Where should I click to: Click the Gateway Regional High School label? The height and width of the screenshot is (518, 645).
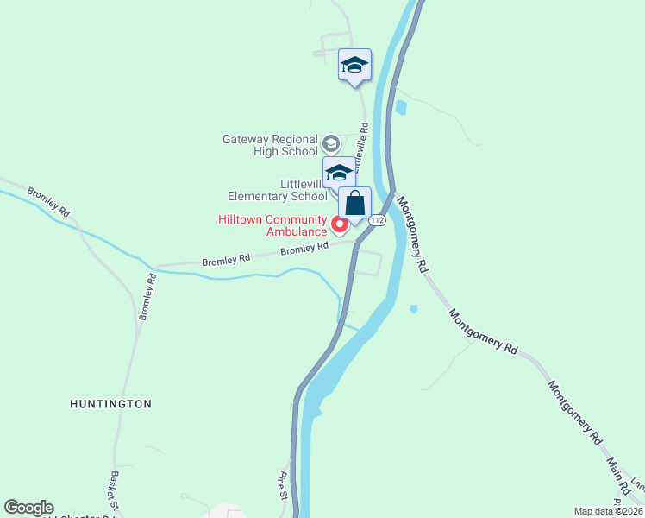pos(270,145)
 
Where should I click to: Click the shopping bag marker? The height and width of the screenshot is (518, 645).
pos(354,205)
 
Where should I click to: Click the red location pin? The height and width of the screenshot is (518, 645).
pos(340,225)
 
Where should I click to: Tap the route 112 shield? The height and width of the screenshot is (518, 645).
pos(377,221)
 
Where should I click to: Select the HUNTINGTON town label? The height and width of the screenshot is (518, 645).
pos(111,403)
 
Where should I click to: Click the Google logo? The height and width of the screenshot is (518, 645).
pos(28,508)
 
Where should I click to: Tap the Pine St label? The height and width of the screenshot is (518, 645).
pos(282,486)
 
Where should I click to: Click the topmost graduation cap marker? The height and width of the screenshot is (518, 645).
pos(354,65)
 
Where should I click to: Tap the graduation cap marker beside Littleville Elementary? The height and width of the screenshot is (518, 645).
pos(339,172)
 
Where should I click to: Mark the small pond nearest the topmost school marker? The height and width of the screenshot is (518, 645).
pos(400,108)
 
